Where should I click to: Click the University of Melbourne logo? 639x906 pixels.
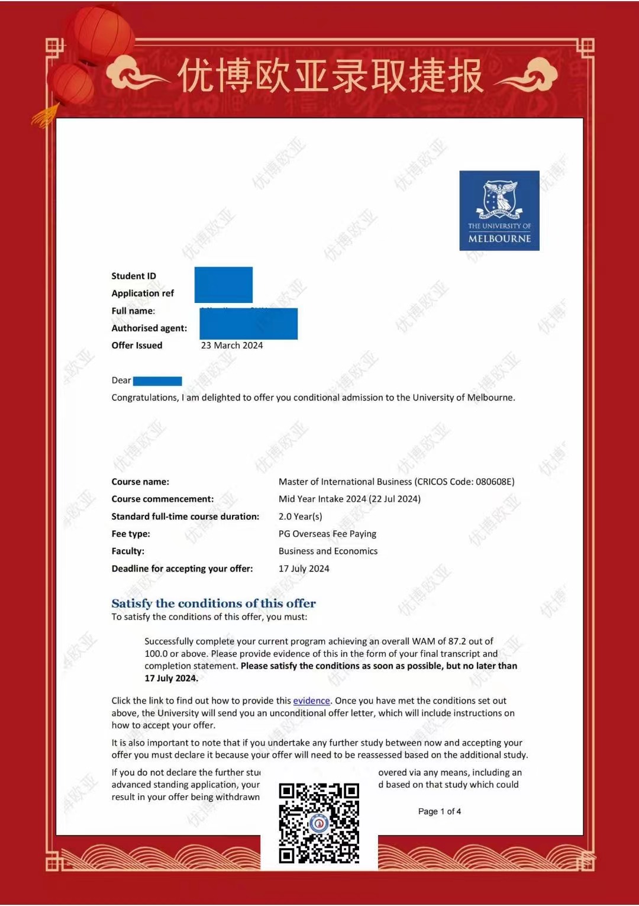click(x=499, y=210)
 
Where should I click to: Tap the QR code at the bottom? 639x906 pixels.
click(x=319, y=823)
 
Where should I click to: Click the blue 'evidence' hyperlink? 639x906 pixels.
click(x=311, y=701)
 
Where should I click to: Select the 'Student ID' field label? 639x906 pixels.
click(x=134, y=276)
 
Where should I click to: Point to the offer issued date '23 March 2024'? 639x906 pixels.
click(x=231, y=346)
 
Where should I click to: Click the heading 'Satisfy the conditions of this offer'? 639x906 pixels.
click(x=213, y=603)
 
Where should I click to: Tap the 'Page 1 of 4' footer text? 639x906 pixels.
click(x=439, y=811)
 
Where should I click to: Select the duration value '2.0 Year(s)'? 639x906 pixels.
click(x=300, y=517)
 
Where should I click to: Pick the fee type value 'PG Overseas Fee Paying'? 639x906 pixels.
click(x=327, y=534)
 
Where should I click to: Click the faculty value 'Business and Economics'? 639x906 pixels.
click(x=328, y=551)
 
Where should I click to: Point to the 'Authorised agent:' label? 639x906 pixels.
click(x=149, y=328)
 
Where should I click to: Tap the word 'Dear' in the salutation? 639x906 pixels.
click(x=121, y=381)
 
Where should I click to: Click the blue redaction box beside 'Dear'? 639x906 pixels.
click(x=157, y=381)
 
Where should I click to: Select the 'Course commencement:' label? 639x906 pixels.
click(x=162, y=499)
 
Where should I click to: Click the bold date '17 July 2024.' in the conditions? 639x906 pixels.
click(x=171, y=678)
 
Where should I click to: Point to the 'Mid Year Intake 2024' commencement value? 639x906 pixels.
click(x=322, y=499)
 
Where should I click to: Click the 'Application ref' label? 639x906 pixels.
click(x=143, y=293)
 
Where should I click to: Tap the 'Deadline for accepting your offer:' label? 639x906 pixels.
click(x=182, y=569)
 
